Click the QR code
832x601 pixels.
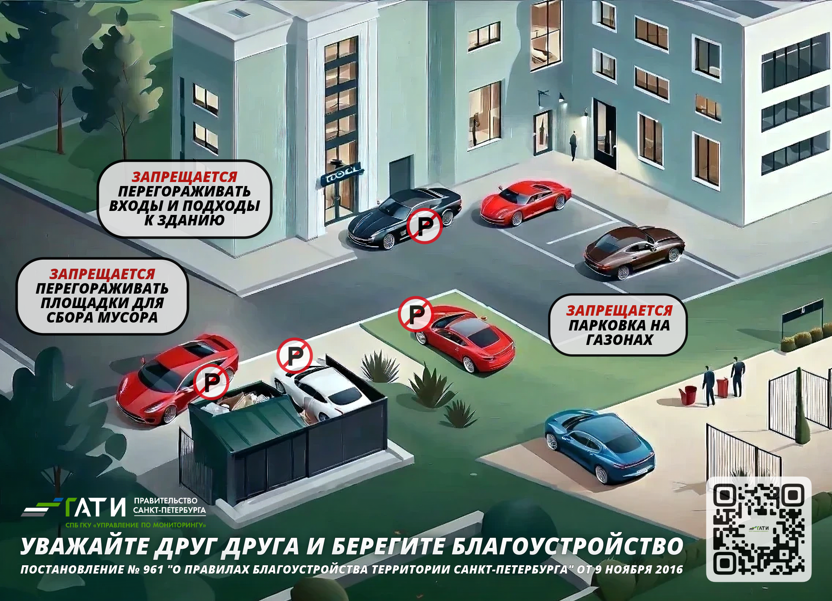pos(759,529)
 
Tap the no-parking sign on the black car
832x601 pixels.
pos(424,226)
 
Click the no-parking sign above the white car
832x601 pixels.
pos(294,355)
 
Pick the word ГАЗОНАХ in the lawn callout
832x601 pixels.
pos(619,340)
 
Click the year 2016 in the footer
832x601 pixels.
pos(668,570)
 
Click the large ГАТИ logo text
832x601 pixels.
pos(95,507)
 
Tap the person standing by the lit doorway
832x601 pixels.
pos(573,146)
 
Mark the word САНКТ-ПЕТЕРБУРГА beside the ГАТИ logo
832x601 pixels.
pos(169,510)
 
